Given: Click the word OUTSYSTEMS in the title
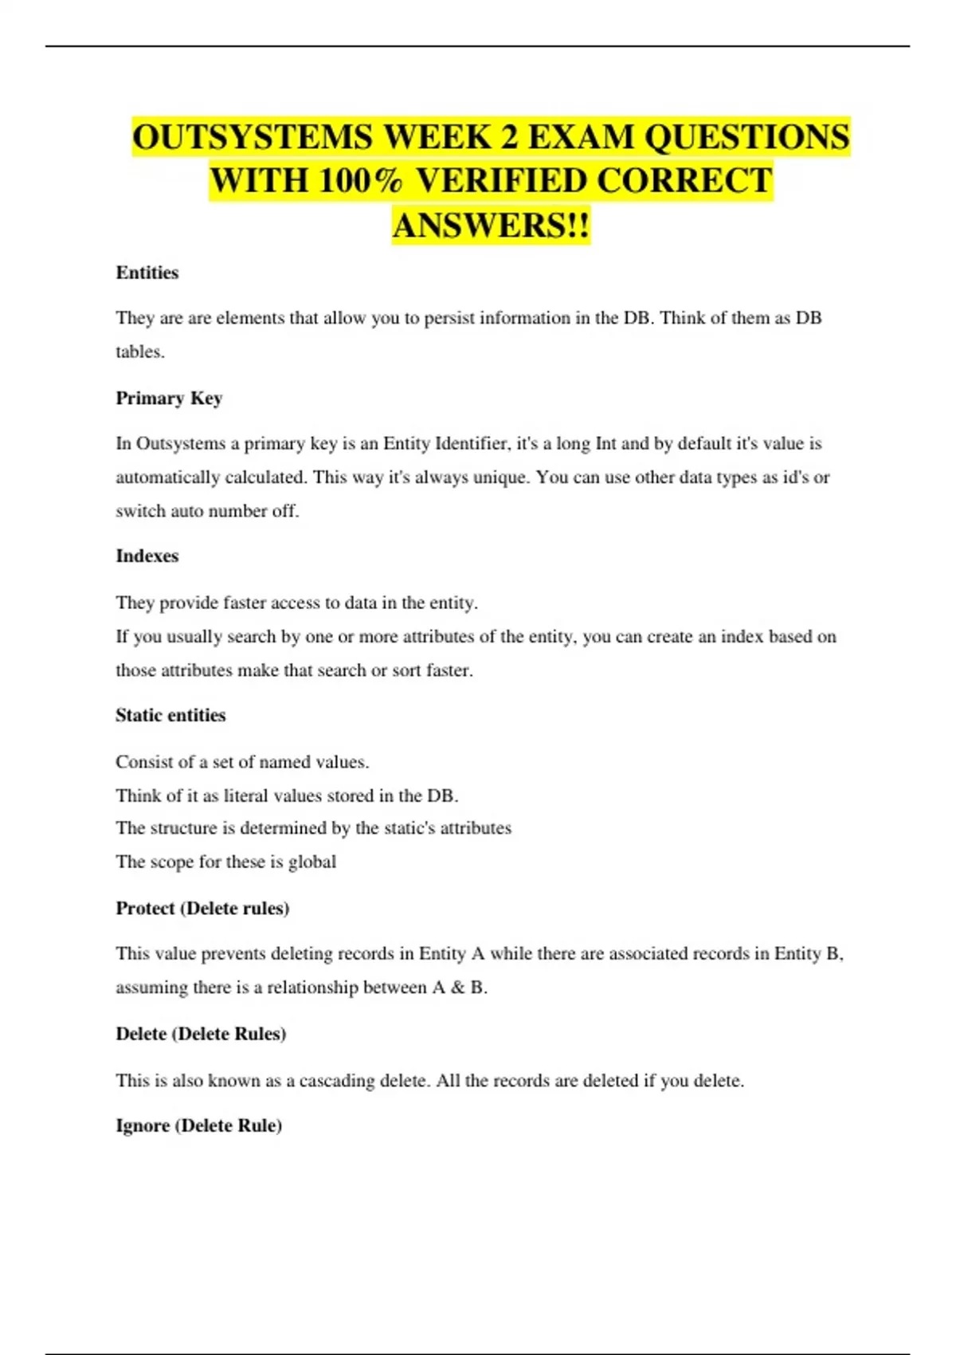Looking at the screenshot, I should point(253,137).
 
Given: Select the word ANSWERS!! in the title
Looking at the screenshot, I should point(491,226).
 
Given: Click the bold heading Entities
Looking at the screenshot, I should point(147,273).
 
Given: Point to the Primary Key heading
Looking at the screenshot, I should point(169,398).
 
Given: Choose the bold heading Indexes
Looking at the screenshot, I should point(147,556).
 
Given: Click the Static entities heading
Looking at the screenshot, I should point(170,715).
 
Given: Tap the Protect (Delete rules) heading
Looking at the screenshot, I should point(202,908).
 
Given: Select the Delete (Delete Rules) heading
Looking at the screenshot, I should point(201,1034).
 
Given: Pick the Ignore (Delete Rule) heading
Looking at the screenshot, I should point(199,1125).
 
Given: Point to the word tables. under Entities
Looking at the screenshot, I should point(140,352).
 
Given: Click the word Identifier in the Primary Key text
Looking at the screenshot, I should point(472,443).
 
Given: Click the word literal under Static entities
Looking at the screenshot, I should point(246,795).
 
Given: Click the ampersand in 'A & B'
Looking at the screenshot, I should point(457,988).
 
